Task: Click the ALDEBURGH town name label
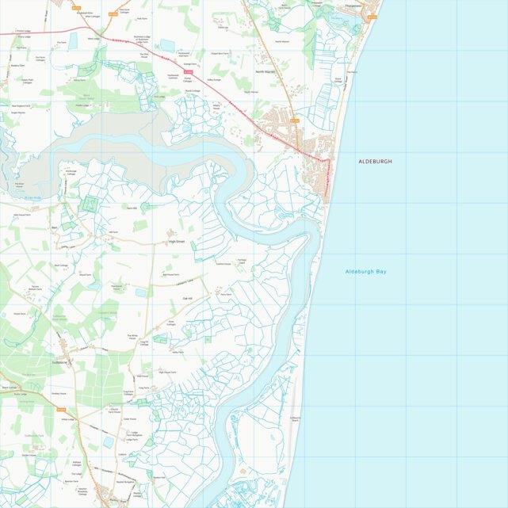click(x=375, y=161)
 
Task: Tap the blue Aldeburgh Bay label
click(x=365, y=272)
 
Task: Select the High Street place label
click(x=181, y=242)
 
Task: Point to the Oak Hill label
click(x=188, y=297)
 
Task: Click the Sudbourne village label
click(x=62, y=362)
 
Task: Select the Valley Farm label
click(x=178, y=353)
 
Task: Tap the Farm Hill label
click(x=132, y=208)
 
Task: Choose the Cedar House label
click(x=130, y=418)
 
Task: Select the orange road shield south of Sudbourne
click(x=62, y=409)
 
